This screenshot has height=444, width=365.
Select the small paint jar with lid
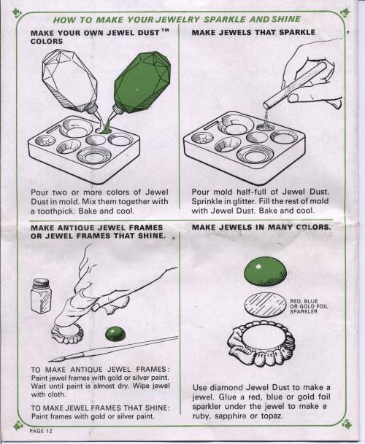pos(42,296)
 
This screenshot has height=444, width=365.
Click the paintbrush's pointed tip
pos(49,361)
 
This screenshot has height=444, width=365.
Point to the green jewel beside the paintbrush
pos(116,334)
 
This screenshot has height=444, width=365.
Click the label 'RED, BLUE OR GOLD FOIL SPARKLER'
pos(309,306)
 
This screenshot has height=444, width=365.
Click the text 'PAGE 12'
pos(41,431)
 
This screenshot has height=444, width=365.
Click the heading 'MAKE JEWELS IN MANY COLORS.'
pos(261,227)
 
